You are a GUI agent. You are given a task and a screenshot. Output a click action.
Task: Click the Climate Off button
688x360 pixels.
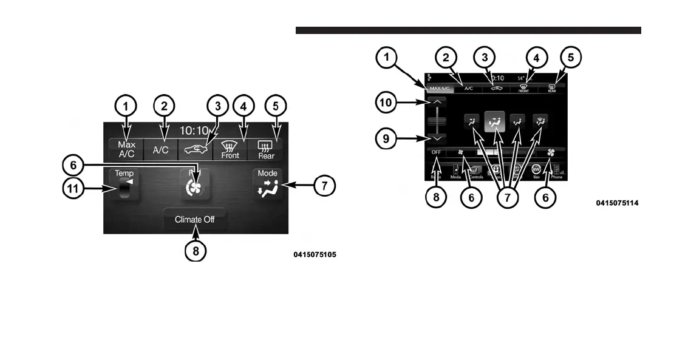click(x=194, y=219)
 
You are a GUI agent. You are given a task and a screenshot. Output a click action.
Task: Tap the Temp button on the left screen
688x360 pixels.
click(x=124, y=186)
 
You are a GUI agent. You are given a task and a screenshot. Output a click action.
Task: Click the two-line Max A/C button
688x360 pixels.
click(x=126, y=149)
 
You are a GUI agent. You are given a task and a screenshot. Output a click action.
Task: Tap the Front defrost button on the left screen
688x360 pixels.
click(x=230, y=149)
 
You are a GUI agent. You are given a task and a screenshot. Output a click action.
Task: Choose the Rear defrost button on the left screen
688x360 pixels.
click(x=265, y=149)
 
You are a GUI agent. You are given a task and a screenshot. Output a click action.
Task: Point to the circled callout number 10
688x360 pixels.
click(x=386, y=103)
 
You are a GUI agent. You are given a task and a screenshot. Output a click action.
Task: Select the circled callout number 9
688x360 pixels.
click(x=386, y=139)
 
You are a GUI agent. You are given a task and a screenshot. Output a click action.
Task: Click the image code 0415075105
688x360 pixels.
click(x=315, y=255)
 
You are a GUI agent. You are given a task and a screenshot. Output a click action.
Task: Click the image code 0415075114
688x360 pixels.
click(x=617, y=203)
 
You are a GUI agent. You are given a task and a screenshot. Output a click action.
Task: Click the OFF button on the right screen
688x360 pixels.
click(x=436, y=152)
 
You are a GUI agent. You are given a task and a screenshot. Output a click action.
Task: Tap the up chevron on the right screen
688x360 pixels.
click(x=437, y=103)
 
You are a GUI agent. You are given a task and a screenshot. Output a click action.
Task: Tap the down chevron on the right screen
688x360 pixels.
click(x=437, y=138)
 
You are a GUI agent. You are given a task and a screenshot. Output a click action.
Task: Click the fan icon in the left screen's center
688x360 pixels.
click(x=195, y=186)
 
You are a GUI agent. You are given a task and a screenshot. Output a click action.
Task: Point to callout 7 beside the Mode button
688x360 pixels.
click(x=324, y=186)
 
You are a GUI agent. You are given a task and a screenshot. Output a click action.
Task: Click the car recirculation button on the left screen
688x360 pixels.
click(x=195, y=149)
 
